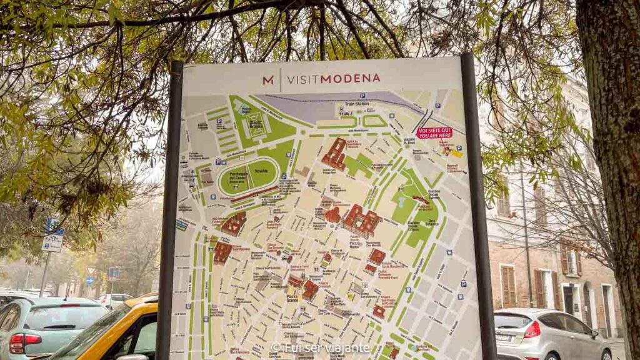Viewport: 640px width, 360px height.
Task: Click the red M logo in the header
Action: tap(267, 80)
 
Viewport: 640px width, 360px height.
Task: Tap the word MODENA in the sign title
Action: tap(351, 78)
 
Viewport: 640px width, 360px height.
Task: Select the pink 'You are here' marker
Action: tap(434, 132)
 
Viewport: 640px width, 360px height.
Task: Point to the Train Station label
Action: tap(358, 104)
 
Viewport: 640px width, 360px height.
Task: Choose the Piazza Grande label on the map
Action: tap(291, 297)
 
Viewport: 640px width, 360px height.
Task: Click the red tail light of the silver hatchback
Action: tap(532, 329)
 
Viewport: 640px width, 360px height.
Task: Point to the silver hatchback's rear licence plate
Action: tap(503, 337)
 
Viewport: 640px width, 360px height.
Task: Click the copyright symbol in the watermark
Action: tap(276, 347)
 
